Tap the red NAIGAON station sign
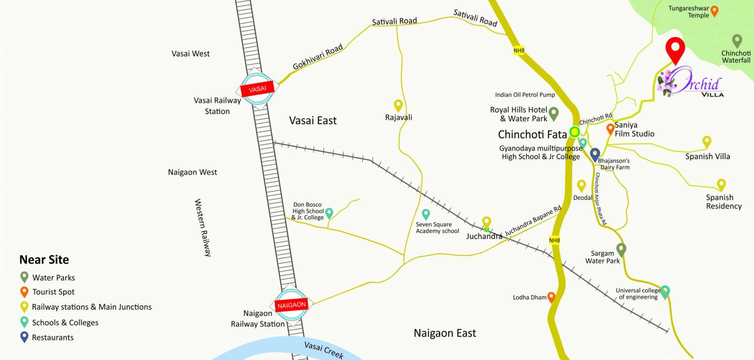click(x=291, y=305)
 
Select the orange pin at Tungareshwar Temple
click(x=714, y=10)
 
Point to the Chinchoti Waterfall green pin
click(x=737, y=40)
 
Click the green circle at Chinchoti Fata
click(x=575, y=132)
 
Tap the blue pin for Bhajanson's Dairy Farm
click(x=594, y=153)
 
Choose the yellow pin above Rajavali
click(x=398, y=105)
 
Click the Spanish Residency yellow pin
click(x=721, y=184)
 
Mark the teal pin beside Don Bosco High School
click(x=329, y=213)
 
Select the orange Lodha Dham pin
click(x=551, y=296)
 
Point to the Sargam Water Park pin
click(x=621, y=248)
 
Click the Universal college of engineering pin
click(x=665, y=291)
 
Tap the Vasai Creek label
click(x=323, y=350)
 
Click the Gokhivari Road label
click(x=318, y=58)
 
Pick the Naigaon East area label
click(x=445, y=333)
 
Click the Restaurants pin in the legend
click(x=24, y=337)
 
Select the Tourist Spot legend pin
click(x=24, y=291)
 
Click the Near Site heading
click(x=44, y=260)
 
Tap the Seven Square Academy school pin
click(x=426, y=213)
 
